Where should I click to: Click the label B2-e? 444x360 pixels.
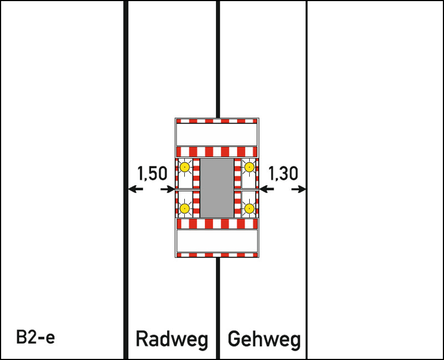36,337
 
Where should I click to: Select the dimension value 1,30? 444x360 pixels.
283,174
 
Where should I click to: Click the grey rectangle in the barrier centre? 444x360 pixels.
217,188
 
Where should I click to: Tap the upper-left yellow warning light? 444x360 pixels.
184,167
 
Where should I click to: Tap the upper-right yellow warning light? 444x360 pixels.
250,167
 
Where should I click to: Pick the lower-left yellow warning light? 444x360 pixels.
184,209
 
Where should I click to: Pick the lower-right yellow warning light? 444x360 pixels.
250,209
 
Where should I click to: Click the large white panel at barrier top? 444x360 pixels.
217,133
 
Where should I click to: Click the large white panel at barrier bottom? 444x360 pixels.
217,240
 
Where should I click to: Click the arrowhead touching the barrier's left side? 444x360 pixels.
171,189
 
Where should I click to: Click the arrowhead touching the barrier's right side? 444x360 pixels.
263,189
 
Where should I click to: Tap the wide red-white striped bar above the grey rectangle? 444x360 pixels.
217,151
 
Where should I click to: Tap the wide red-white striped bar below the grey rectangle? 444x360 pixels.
217,224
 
